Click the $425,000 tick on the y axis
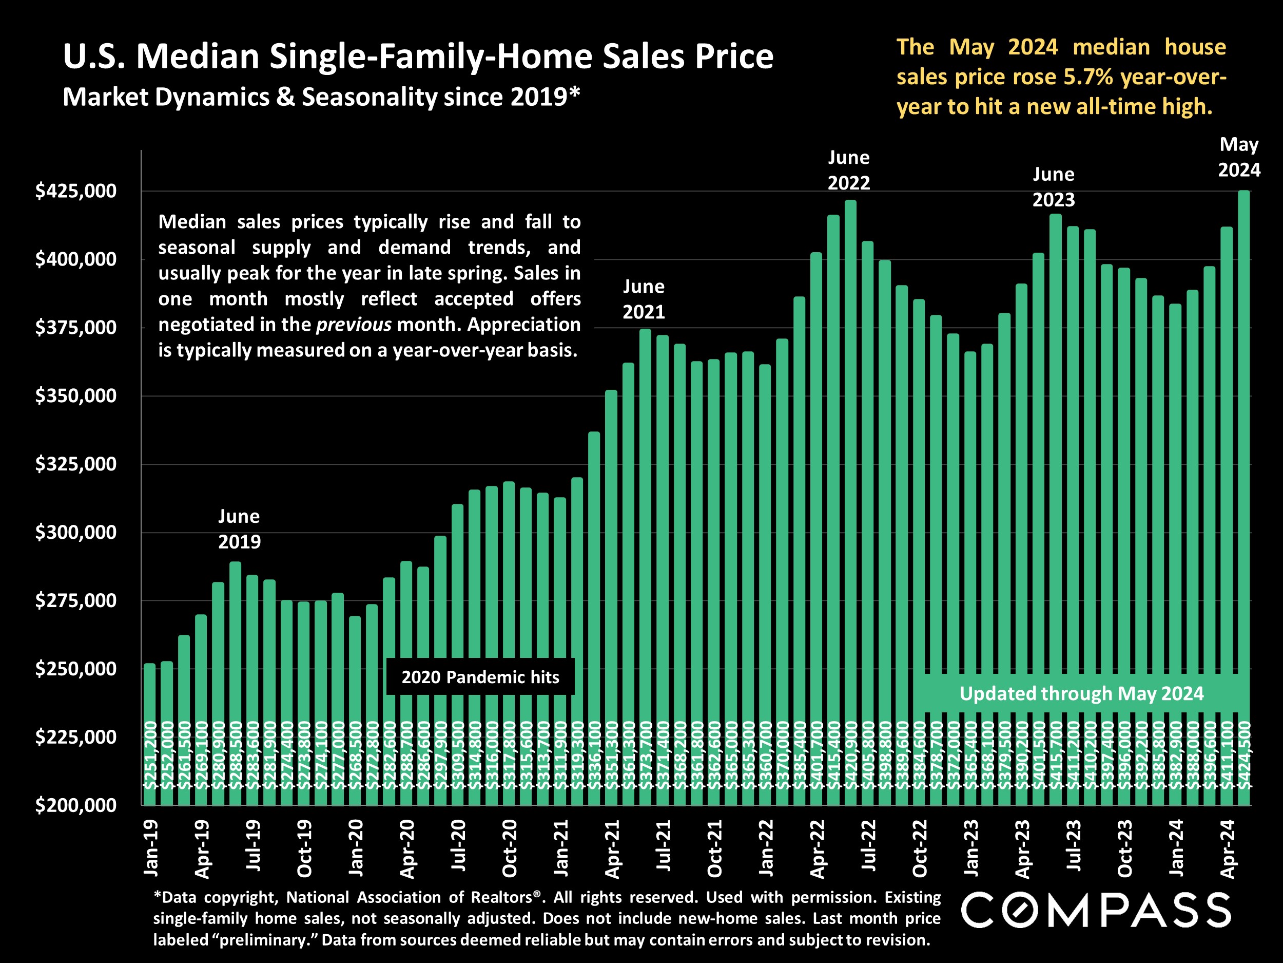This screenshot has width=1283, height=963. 75,191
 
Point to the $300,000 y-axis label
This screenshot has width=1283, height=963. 75,532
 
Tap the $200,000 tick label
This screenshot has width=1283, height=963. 75,806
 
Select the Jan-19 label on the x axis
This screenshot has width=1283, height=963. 151,848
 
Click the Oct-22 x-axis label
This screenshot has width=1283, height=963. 919,848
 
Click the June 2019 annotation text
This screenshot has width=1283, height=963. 239,529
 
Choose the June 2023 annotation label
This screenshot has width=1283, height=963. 1053,187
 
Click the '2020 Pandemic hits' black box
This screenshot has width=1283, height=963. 480,677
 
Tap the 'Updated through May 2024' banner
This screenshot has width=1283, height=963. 1081,694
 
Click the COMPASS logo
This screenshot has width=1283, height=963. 1096,910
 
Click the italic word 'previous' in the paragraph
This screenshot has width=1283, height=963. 353,325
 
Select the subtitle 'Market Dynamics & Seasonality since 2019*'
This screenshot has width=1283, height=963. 321,97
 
